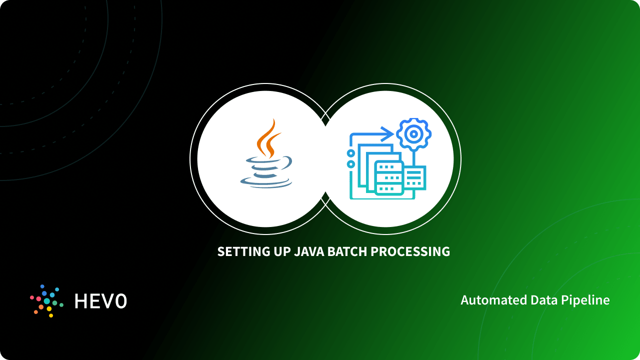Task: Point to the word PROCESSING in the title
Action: (410, 251)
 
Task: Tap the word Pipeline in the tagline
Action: (587, 300)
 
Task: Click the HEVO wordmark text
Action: (100, 301)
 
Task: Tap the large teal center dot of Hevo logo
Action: (47, 301)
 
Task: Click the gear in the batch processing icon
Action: (413, 134)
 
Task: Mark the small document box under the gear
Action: (414, 177)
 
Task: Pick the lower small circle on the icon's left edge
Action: (351, 164)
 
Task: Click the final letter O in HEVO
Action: (120, 301)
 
